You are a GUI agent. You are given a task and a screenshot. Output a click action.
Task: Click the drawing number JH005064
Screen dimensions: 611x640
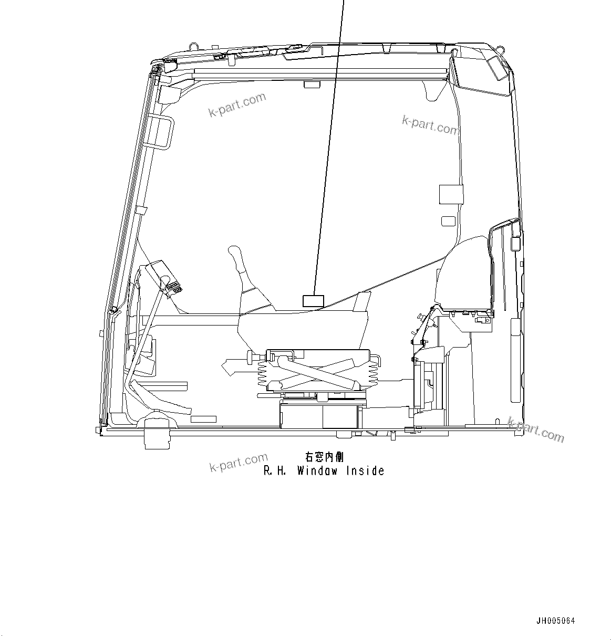555,621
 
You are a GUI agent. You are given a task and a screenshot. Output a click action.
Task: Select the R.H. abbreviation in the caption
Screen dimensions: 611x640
274,471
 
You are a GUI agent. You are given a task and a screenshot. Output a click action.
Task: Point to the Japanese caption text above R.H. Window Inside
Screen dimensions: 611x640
325,457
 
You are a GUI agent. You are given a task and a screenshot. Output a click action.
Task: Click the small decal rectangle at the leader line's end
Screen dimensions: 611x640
313,301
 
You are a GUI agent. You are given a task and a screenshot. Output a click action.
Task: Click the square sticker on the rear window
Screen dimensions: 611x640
451,194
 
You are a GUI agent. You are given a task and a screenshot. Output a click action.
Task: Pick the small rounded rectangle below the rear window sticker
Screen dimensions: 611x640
448,221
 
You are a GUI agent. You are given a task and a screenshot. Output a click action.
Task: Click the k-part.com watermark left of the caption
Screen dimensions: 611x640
238,462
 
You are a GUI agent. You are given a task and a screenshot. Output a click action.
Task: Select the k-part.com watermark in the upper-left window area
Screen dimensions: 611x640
237,104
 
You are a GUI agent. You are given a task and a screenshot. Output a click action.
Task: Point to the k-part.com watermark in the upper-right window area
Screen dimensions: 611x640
430,124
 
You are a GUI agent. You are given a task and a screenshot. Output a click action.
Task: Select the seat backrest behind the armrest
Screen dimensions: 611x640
465,273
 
